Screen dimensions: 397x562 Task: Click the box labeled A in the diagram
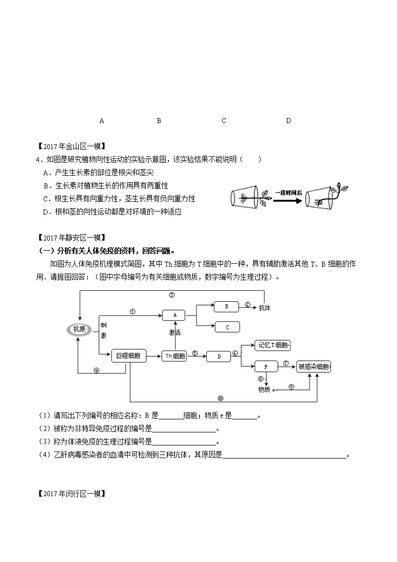(174, 315)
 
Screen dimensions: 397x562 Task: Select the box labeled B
(226, 307)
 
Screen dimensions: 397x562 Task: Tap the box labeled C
(227, 327)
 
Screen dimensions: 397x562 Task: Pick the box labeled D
(219, 357)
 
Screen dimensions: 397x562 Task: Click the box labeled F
(266, 367)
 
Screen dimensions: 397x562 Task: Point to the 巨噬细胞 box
(129, 356)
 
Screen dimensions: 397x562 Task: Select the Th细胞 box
(174, 356)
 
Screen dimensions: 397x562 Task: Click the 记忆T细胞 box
(272, 345)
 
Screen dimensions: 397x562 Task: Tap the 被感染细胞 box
(314, 367)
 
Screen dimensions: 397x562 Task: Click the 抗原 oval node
(79, 329)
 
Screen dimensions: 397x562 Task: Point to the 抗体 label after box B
(265, 308)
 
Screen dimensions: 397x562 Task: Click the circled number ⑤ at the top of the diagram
(172, 295)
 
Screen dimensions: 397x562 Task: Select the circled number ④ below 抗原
(96, 370)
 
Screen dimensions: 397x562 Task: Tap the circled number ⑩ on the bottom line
(221, 398)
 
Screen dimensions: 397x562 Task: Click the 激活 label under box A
(175, 332)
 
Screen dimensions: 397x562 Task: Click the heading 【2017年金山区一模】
(72, 146)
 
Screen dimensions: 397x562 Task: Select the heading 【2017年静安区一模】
(72, 238)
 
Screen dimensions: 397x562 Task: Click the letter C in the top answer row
(224, 121)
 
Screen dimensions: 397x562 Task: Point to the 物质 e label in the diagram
(267, 390)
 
